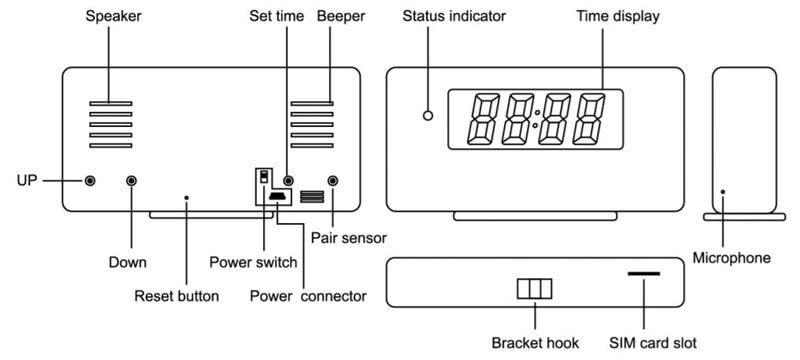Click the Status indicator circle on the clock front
point(428,116)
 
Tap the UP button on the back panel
point(90,181)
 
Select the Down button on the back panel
point(132,181)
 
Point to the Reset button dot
point(187,197)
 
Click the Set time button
point(288,181)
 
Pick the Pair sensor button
point(333,181)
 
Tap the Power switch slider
point(264,177)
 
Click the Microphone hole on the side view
point(722,192)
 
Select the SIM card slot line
point(644,274)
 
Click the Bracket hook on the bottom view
point(535,289)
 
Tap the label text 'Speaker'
point(113,16)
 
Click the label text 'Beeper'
point(341,16)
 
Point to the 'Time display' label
point(618,16)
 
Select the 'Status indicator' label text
point(454,16)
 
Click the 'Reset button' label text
point(177,296)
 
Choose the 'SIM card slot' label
point(653,343)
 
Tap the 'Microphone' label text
point(732,258)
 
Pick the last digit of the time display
point(589,119)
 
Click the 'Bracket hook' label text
point(535,343)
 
